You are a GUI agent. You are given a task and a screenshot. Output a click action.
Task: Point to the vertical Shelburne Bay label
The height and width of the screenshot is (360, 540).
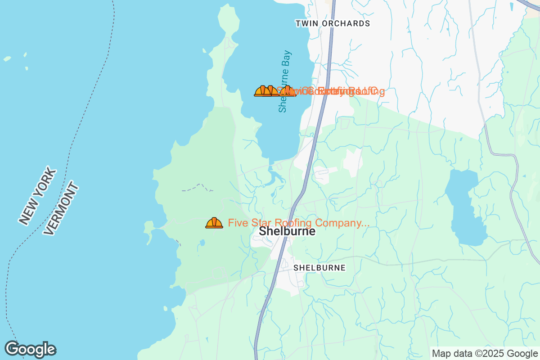coord(284,81)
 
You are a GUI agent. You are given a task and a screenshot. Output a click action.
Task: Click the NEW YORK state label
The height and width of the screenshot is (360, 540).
coord(38,196)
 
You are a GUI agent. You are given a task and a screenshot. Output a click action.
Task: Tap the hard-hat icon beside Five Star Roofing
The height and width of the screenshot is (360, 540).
coord(214,223)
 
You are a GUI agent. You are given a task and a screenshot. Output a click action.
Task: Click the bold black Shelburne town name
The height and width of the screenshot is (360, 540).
coord(287,231)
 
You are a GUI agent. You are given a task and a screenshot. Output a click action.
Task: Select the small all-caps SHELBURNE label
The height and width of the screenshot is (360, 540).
coord(319,268)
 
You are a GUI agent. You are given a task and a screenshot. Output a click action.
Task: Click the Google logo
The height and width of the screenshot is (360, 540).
coord(30,349)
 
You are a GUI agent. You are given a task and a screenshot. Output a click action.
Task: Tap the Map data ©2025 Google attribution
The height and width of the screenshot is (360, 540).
coord(485,353)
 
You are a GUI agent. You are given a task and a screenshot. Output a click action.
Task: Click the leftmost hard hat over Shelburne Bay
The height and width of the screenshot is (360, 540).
coord(262,91)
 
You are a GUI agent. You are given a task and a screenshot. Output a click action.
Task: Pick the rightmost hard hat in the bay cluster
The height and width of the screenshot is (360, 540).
coord(289,91)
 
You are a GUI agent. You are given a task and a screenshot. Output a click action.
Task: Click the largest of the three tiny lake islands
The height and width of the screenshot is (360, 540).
coord(7,58)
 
